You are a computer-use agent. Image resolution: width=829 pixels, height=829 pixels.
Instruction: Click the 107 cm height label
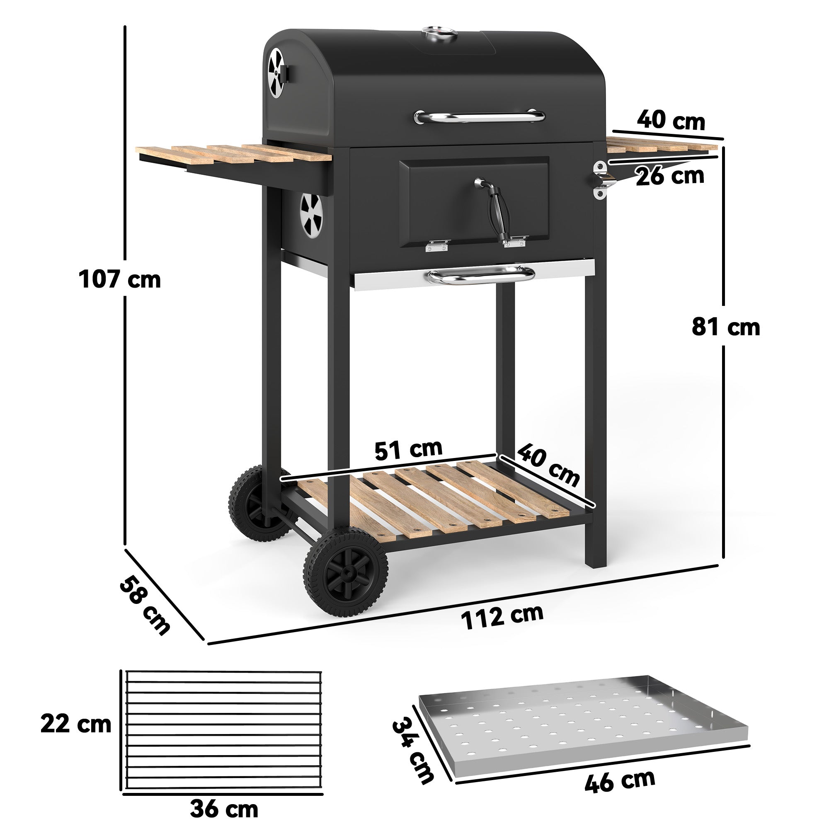(x=120, y=280)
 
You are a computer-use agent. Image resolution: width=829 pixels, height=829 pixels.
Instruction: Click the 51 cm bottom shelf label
(x=408, y=449)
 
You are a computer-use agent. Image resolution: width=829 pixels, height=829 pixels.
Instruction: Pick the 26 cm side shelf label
(x=670, y=176)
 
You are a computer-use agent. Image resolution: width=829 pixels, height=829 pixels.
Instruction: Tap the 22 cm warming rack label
(x=76, y=724)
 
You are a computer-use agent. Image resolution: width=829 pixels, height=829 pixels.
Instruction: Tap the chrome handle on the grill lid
(x=479, y=116)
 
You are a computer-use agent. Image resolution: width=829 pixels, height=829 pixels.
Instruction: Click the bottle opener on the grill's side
(x=604, y=180)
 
